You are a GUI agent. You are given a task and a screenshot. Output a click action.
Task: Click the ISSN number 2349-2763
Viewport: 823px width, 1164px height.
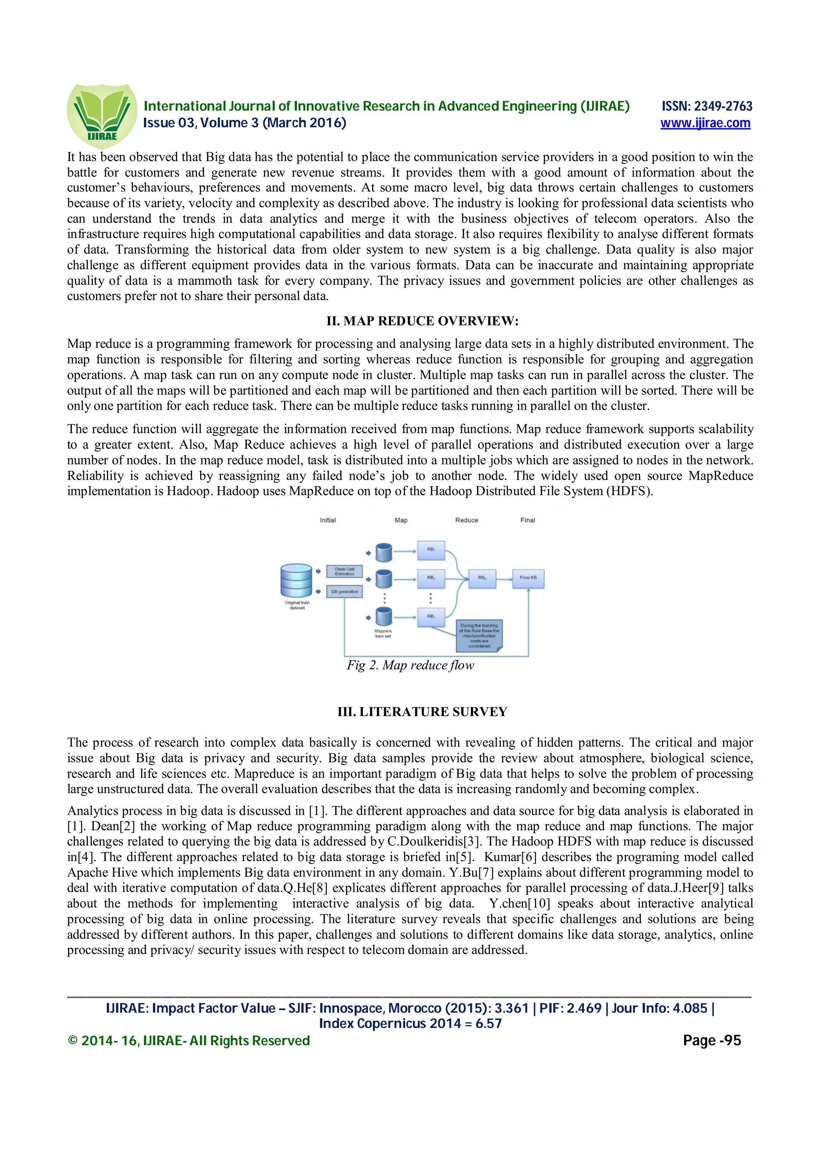coord(723,106)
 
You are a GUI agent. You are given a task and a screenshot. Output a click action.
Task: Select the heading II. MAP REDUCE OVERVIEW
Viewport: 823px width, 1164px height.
coord(422,321)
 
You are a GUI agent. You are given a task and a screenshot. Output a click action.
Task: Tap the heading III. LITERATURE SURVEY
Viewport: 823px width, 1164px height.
coord(422,712)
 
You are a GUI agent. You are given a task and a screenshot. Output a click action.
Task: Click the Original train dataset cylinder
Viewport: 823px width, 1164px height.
coord(296,580)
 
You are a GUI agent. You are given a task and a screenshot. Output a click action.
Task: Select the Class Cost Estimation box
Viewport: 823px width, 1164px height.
coord(344,571)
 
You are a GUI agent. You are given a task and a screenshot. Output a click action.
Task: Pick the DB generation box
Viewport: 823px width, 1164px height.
coord(344,592)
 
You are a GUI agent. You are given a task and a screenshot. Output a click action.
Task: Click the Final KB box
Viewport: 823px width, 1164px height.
coord(528,578)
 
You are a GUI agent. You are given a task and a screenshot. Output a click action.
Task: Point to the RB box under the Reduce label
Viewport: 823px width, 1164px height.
coord(482,578)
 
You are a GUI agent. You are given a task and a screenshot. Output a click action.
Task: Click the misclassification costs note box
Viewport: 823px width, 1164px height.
coord(479,636)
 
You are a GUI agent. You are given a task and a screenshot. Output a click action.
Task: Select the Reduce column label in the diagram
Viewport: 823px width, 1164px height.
coord(467,520)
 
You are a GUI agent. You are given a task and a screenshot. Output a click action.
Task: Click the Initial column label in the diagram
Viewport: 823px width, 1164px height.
coord(328,520)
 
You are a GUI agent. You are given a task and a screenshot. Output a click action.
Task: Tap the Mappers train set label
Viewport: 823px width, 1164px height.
coord(383,634)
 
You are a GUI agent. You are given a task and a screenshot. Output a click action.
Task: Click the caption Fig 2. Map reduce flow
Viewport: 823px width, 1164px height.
coord(410,665)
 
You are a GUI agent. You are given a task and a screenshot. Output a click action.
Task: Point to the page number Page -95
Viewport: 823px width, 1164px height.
coord(711,1041)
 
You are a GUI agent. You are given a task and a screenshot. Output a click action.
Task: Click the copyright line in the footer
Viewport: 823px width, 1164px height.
coord(188,1041)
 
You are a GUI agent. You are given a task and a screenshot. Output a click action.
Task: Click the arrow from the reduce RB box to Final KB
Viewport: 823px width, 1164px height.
coord(504,578)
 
